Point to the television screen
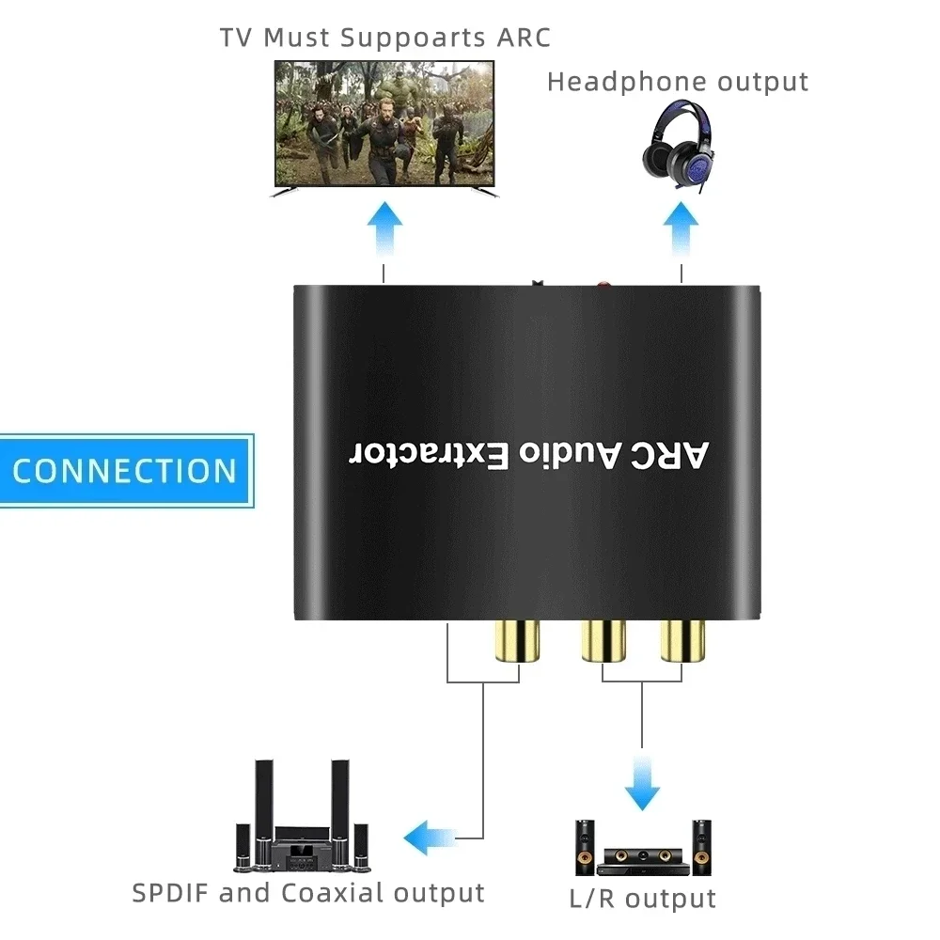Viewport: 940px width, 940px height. (x=384, y=124)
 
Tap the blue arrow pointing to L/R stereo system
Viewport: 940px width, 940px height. (x=642, y=779)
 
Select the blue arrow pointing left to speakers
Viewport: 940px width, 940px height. (x=431, y=834)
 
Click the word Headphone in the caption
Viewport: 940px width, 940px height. (x=625, y=82)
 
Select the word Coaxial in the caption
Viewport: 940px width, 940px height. (x=337, y=892)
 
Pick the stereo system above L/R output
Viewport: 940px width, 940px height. (x=642, y=847)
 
